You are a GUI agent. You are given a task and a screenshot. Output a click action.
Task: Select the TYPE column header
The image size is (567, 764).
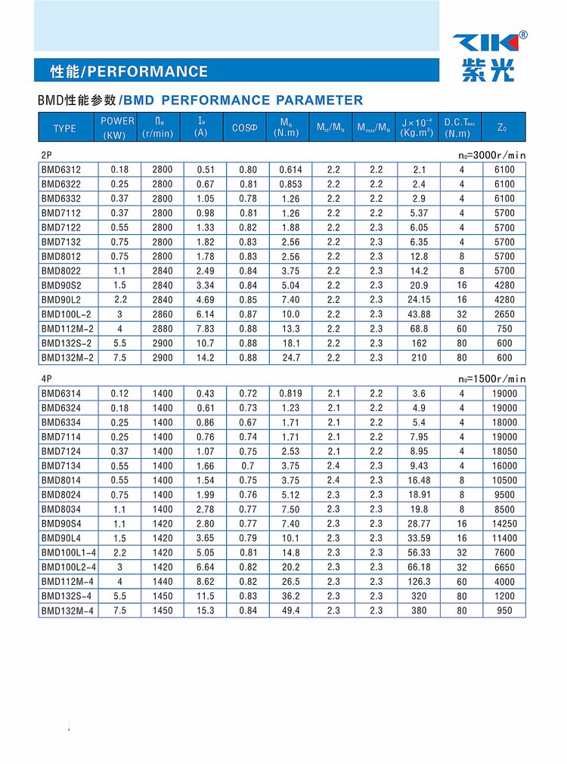pyautogui.click(x=65, y=128)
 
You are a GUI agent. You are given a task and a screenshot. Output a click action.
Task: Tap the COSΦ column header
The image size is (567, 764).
pyautogui.click(x=245, y=128)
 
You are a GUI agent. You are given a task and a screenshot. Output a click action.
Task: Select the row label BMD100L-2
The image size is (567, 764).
pyautogui.click(x=67, y=314)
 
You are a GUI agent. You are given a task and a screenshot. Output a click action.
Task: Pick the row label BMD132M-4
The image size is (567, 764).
pyautogui.click(x=69, y=611)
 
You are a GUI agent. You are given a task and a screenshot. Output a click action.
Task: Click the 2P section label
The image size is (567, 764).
pyautogui.click(x=46, y=155)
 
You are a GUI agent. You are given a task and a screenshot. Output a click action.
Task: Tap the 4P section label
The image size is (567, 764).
pyautogui.click(x=46, y=379)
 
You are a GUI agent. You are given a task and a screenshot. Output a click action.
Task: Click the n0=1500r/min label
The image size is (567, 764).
pyautogui.click(x=491, y=379)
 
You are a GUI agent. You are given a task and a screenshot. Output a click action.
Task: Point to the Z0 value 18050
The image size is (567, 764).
pyautogui.click(x=504, y=451)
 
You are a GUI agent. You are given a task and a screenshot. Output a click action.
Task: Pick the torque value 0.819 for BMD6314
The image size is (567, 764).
pyautogui.click(x=290, y=394)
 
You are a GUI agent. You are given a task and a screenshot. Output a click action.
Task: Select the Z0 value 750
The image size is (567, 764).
pyautogui.click(x=504, y=329)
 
